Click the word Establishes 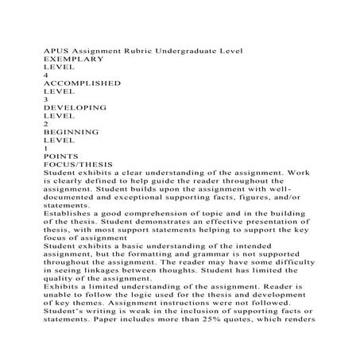point(67,211)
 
